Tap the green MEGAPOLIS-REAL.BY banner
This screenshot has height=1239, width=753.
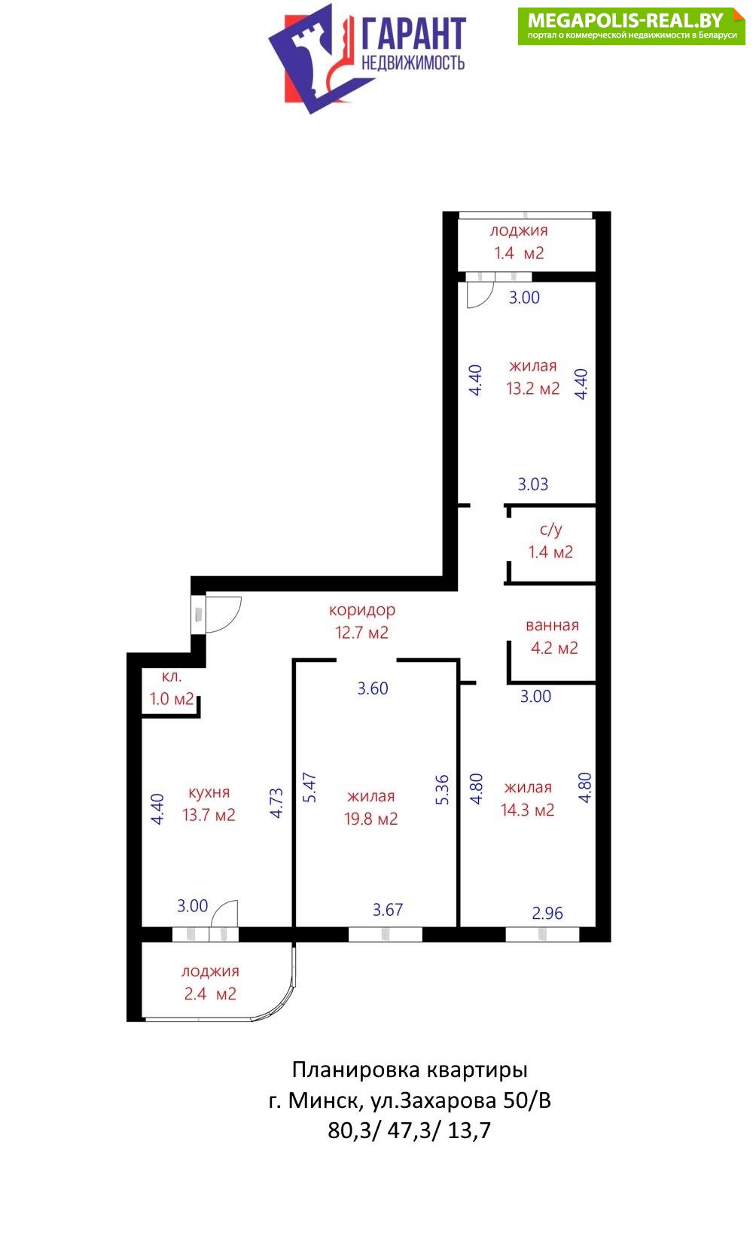coord(631,26)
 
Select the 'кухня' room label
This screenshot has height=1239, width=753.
coord(209,792)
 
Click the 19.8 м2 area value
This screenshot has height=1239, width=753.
coord(371,819)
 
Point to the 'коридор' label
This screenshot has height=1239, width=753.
coord(362,609)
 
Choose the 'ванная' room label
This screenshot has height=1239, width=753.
coord(552,625)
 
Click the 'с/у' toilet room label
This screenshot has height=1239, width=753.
coord(550,529)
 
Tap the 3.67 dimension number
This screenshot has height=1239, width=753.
coord(388,910)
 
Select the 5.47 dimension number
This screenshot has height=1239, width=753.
coord(309,788)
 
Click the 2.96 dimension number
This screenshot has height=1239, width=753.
coord(547,913)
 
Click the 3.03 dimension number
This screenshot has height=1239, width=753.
coord(533,484)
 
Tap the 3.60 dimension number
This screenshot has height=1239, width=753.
coord(373,688)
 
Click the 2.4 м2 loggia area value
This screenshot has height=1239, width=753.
coord(210,994)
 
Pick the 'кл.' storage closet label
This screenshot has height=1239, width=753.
coord(172,676)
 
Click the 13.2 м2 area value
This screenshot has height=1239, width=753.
coord(533,389)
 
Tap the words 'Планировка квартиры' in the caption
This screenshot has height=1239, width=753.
coord(410,1071)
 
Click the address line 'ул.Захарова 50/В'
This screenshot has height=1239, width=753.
coord(461,1100)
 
